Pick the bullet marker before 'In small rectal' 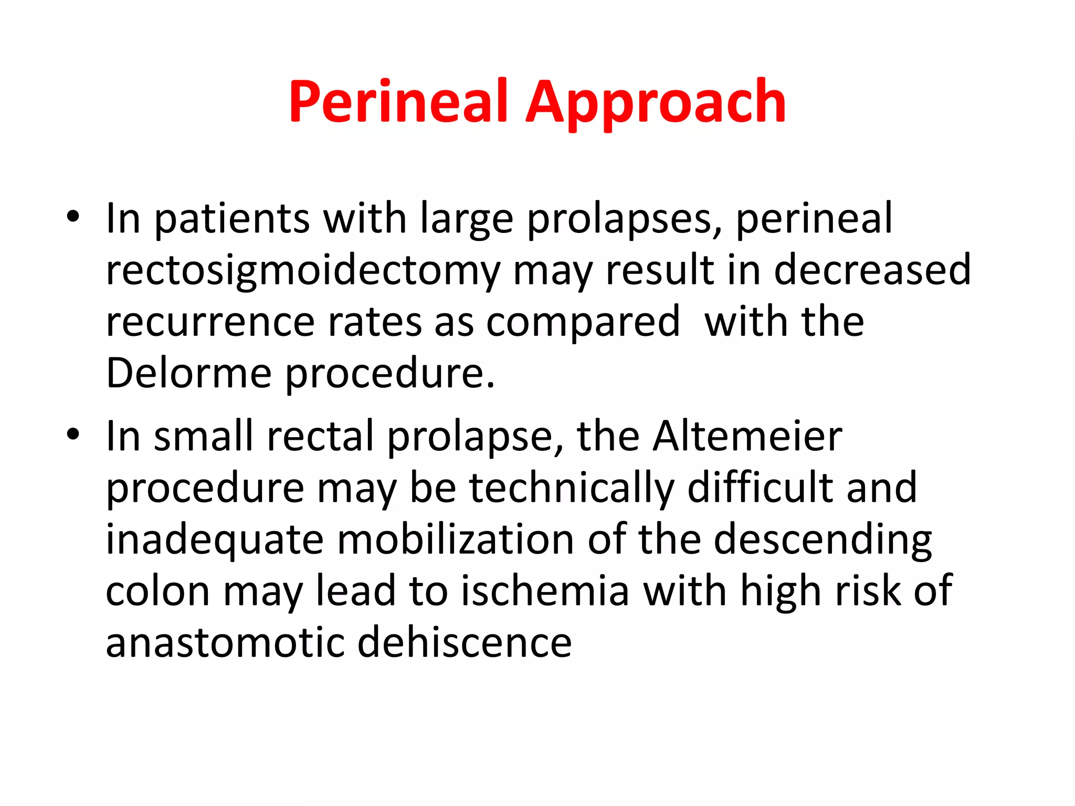(x=73, y=434)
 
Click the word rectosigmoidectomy (x=303, y=271)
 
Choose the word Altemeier (x=747, y=436)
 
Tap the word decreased (x=872, y=270)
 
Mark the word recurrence (x=210, y=322)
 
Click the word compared (x=583, y=322)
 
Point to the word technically (x=572, y=488)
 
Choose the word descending (x=823, y=540)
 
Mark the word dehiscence (x=465, y=643)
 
